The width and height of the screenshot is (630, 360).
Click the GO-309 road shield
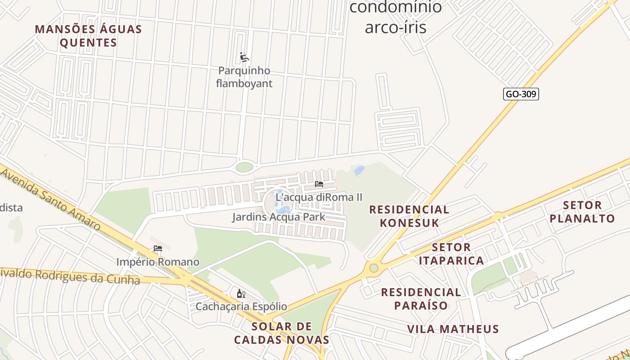(x=521, y=94)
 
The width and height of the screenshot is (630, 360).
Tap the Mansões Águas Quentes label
(x=88, y=36)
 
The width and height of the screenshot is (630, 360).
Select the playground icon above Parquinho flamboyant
(x=244, y=57)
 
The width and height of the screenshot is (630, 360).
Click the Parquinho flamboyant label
(x=244, y=77)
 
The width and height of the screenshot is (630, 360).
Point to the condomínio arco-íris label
(x=396, y=17)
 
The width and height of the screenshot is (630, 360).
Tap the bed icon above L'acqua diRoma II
(x=319, y=184)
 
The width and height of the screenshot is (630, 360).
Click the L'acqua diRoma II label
(x=319, y=197)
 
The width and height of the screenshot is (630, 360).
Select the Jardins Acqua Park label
(x=279, y=217)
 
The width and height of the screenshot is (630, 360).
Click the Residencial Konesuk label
(x=409, y=216)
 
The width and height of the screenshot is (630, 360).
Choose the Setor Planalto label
(x=589, y=212)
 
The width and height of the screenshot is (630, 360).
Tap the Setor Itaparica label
(x=451, y=254)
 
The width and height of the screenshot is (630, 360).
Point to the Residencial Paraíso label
(x=421, y=299)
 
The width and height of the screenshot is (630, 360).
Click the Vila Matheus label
(x=453, y=329)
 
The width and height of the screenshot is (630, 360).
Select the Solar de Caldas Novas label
(x=282, y=333)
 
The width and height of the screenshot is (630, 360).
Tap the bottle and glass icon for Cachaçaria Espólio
(x=241, y=294)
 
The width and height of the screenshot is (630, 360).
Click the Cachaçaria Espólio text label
(x=241, y=306)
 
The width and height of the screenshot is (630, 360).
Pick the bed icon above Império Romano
(x=157, y=248)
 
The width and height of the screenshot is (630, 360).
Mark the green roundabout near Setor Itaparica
(x=373, y=268)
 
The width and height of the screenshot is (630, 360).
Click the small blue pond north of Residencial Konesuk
(x=359, y=171)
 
